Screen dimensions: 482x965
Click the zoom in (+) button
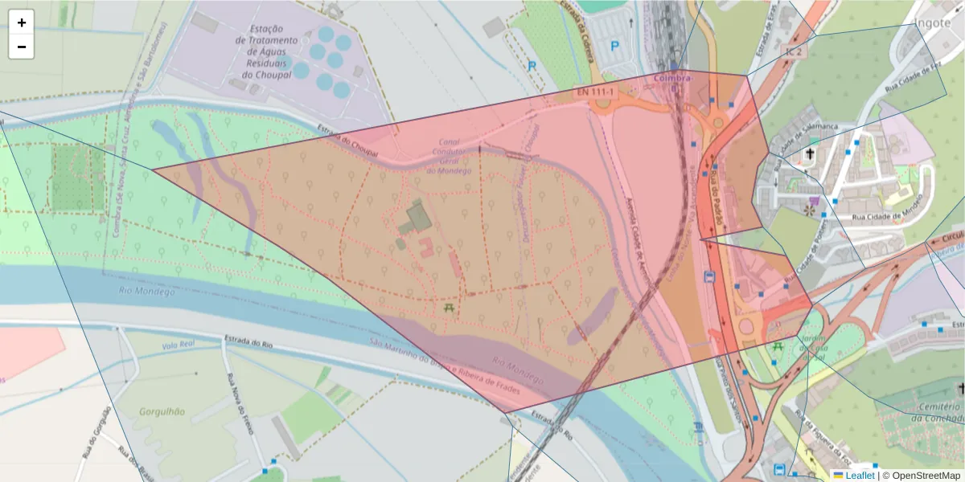coord(22,22)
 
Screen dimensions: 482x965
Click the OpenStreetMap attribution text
coord(925,476)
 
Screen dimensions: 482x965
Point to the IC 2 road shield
coord(795,51)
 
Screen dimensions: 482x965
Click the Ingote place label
coord(932,22)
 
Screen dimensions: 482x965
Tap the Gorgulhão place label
coord(162,411)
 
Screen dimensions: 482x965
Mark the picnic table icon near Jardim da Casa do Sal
coord(778,347)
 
